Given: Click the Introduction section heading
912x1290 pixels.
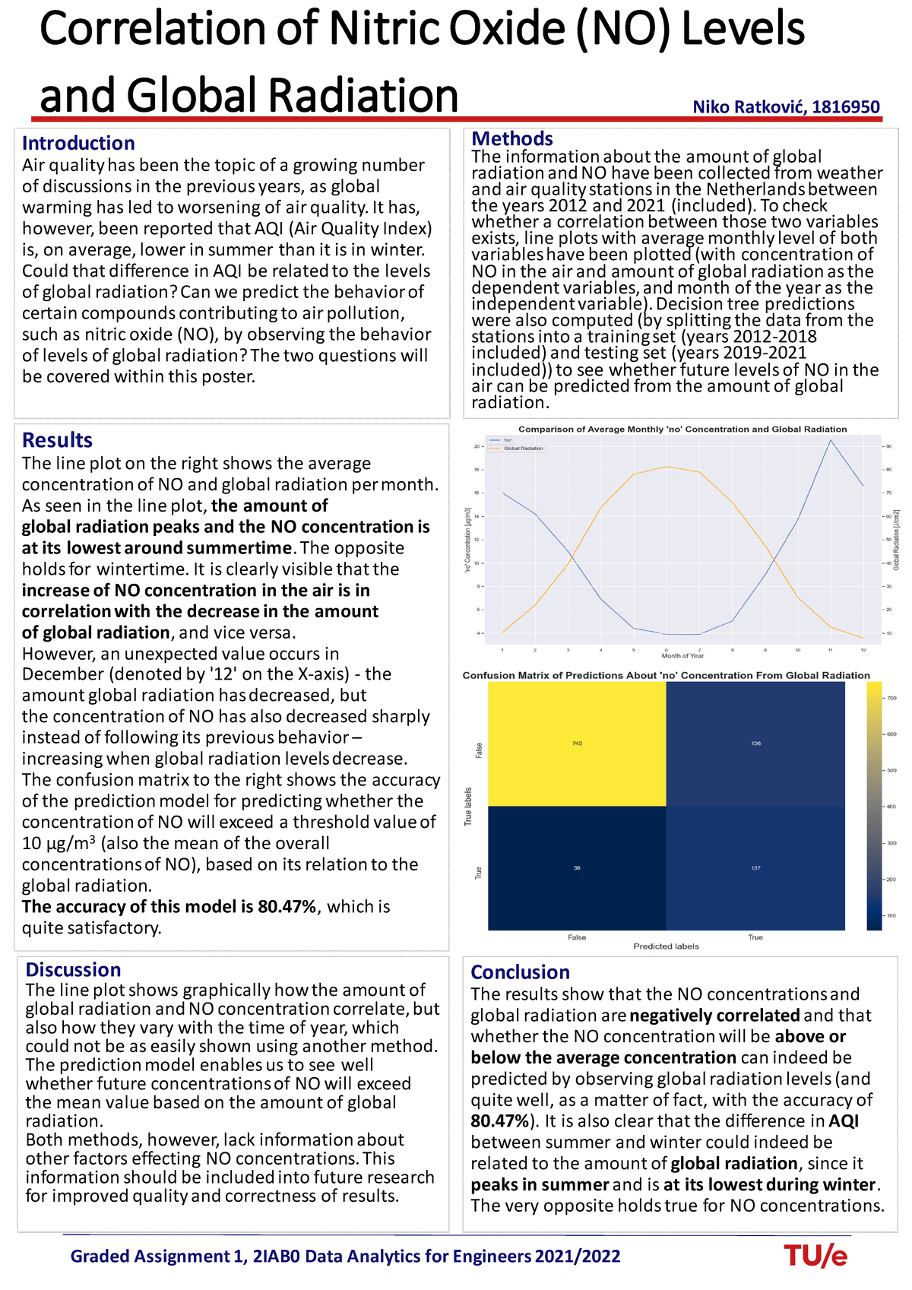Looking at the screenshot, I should tap(78, 143).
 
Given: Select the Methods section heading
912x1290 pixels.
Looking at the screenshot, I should tap(512, 138).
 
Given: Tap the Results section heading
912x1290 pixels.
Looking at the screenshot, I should tap(57, 440).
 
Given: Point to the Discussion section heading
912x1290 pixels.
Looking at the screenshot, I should tap(73, 969).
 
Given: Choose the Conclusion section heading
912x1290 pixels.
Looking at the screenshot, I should tap(520, 971).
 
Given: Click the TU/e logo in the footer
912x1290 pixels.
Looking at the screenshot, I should tap(815, 1257).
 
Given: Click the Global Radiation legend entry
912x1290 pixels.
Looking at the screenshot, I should tap(523, 448).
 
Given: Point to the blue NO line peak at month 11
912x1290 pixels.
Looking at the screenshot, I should tap(831, 440).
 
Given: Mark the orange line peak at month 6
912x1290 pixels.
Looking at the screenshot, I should tap(666, 467).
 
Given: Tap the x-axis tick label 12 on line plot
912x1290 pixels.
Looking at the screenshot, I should tap(863, 650).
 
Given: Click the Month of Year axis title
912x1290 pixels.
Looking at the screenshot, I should tap(682, 656).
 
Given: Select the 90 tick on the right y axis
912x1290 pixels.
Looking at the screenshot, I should tap(888, 447).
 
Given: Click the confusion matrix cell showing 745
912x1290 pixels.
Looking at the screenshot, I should tap(577, 743).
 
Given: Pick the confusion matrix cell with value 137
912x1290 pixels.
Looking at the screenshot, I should tap(755, 867).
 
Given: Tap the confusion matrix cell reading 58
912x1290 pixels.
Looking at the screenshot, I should tap(577, 867).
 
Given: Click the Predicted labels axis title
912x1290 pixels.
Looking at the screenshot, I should tap(666, 946).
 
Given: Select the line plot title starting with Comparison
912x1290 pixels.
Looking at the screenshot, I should tap(682, 429).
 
